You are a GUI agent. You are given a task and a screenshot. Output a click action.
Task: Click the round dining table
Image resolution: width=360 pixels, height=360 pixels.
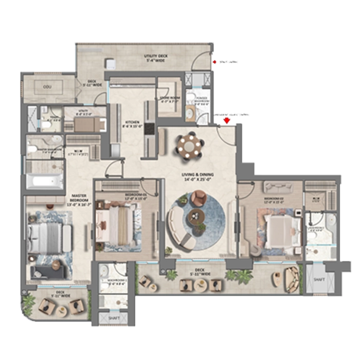[x=190, y=146]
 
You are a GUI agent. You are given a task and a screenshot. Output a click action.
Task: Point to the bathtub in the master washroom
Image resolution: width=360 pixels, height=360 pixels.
[x=44, y=182]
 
